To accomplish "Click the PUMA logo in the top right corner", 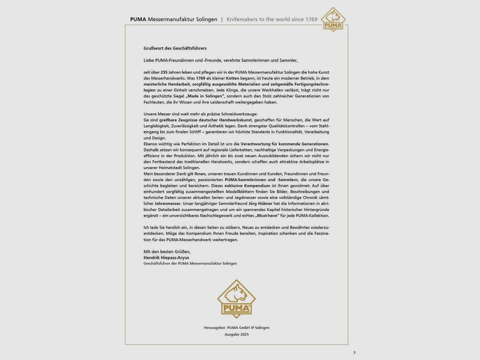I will (x=333, y=20).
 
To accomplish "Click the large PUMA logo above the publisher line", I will (x=236, y=299).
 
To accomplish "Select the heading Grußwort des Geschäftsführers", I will (x=175, y=48).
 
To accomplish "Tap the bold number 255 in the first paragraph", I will (x=164, y=72).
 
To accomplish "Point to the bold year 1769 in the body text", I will (x=200, y=78).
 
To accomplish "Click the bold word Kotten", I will (x=232, y=78).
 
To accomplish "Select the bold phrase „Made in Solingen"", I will (x=205, y=96).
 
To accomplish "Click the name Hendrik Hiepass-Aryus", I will (x=166, y=258).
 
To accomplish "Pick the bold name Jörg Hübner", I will (x=260, y=203).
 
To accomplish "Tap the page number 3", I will (x=354, y=352).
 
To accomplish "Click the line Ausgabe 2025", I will (x=236, y=335).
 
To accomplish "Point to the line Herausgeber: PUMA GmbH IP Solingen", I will (x=236, y=328).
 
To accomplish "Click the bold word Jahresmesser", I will (x=168, y=203).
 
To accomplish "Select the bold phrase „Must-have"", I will (x=267, y=216).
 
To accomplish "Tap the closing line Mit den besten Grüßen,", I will (x=167, y=252).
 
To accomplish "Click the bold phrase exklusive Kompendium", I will (x=247, y=186).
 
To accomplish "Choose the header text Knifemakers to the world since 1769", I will (x=272, y=19).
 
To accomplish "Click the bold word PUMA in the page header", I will (x=138, y=19).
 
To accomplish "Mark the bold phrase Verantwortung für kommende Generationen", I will (x=284, y=144).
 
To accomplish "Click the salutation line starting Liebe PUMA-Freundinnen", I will (x=220, y=60).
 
